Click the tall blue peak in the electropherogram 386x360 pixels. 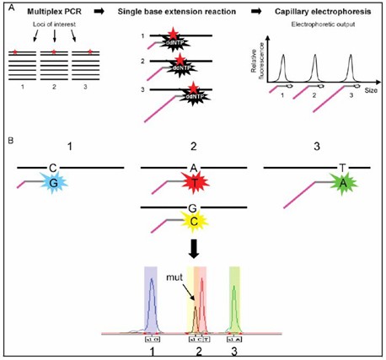pyautogui.click(x=152, y=304)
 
